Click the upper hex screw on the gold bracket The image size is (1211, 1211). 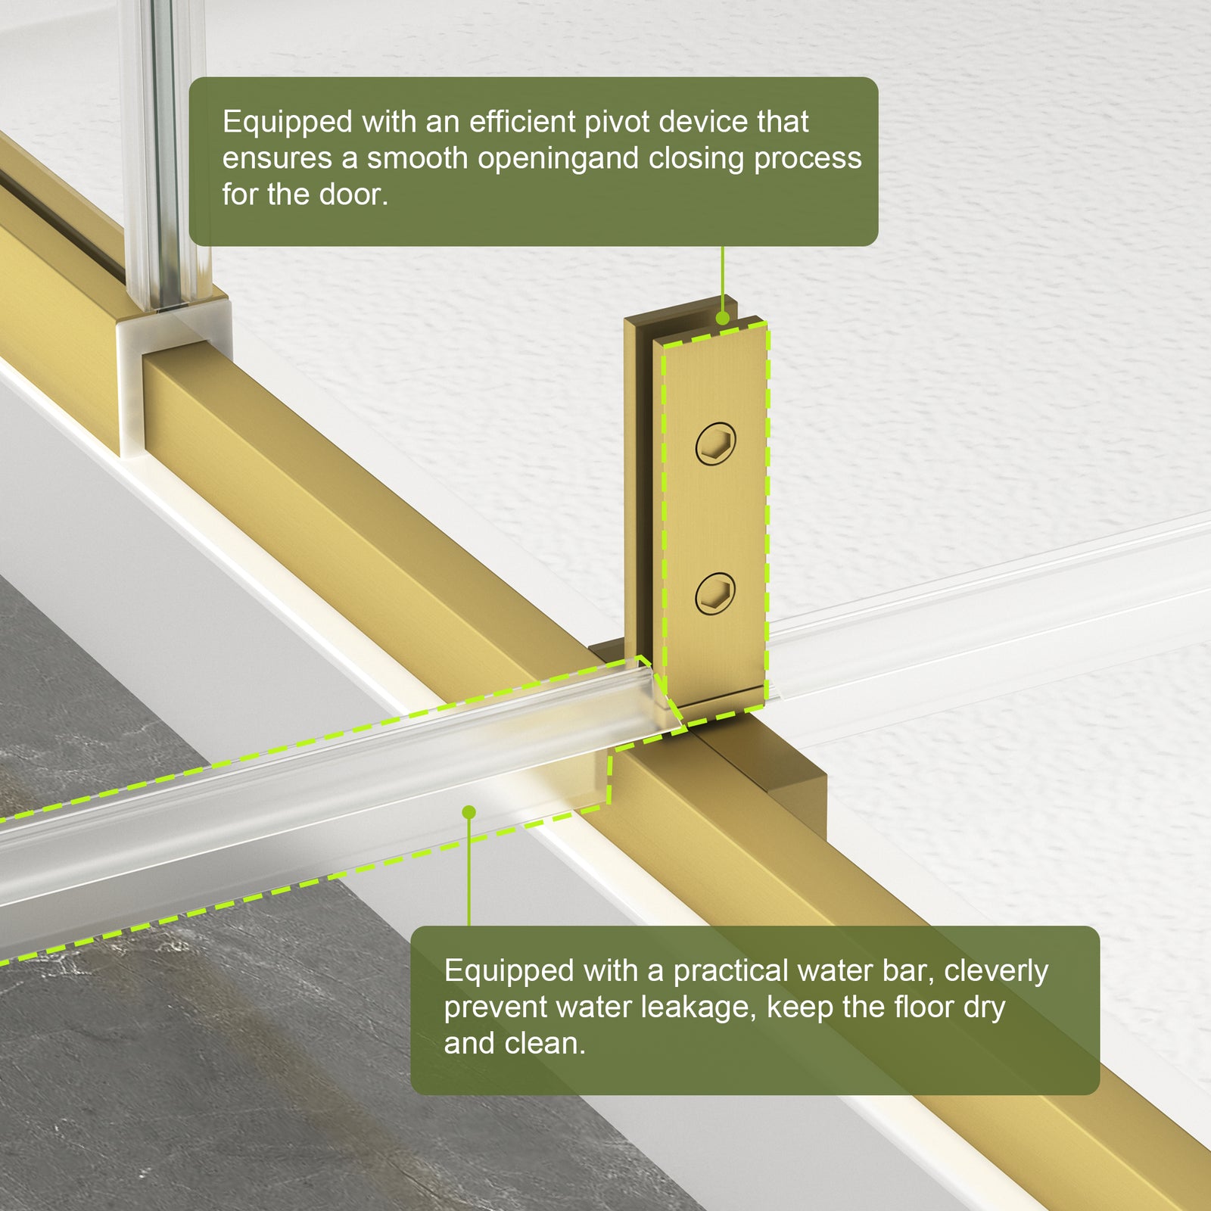coord(715,444)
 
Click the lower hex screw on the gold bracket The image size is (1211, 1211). coord(715,593)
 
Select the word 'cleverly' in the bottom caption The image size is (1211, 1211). coord(996,971)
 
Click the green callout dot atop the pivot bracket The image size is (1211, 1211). coord(723,319)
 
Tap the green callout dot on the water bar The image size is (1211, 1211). coord(469,812)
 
